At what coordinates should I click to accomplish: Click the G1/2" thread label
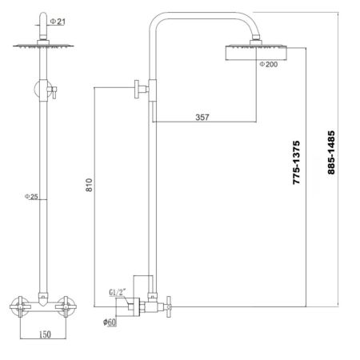point(115,292)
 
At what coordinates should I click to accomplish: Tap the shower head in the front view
point(38,49)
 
